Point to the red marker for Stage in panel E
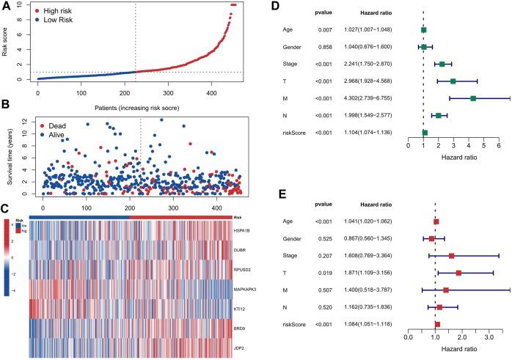pos(452,256)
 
